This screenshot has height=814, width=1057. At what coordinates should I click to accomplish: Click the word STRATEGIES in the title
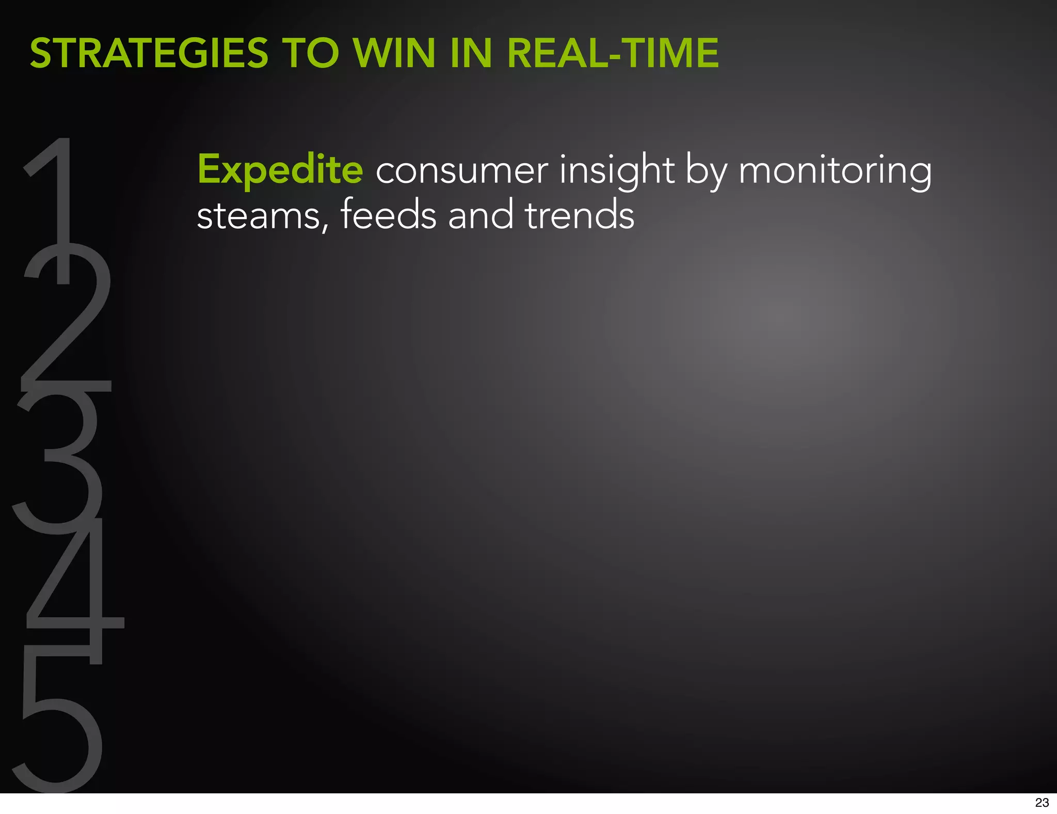pyautogui.click(x=149, y=53)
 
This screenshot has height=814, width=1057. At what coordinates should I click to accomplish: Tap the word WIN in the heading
pyautogui.click(x=394, y=53)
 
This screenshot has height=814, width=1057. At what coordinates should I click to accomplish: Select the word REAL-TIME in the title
pyautogui.click(x=613, y=53)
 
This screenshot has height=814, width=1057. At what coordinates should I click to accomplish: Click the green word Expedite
pyautogui.click(x=280, y=170)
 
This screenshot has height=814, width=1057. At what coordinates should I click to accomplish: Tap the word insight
pyautogui.click(x=617, y=170)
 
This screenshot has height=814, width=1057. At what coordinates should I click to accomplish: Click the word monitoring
pyautogui.click(x=835, y=170)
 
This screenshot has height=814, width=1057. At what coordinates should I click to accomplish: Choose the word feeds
pyautogui.click(x=388, y=214)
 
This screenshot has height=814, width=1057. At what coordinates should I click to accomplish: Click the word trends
pyautogui.click(x=580, y=214)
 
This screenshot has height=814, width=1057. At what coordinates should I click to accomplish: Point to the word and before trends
pyautogui.click(x=481, y=214)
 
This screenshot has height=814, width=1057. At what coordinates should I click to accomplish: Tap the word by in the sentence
pyautogui.click(x=706, y=170)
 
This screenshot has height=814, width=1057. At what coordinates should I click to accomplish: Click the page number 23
pyautogui.click(x=1042, y=802)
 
